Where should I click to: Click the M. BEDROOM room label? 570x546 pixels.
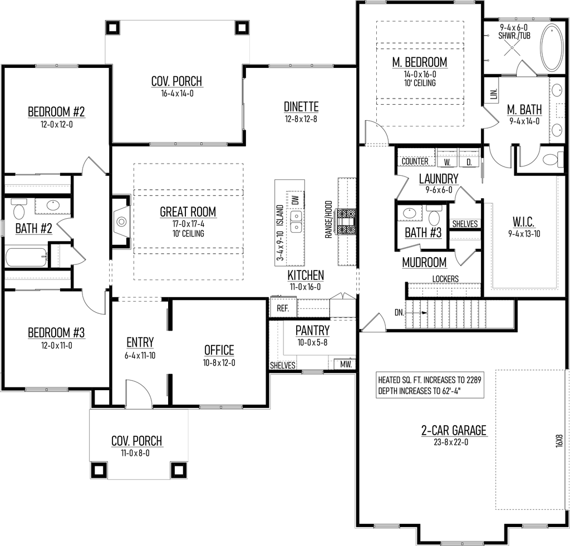coord(420,62)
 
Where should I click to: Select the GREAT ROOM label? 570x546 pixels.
coord(188,211)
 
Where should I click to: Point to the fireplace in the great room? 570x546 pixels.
coord(121,222)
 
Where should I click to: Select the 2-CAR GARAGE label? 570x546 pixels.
coord(454,430)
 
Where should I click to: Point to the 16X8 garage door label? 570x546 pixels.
coord(559,440)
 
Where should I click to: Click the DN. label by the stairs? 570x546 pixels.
coord(399,313)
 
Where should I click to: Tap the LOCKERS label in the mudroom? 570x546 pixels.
coord(445,278)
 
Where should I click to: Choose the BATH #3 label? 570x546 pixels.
coord(423,233)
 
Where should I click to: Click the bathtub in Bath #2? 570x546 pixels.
coord(26,258)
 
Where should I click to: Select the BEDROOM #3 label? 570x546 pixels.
coord(56,333)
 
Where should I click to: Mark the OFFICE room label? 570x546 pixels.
coord(219,350)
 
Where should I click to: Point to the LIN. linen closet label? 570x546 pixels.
coord(494,94)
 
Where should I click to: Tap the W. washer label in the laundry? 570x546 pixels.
coord(447,162)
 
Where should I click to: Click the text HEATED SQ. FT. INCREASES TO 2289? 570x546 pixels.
coord(429,380)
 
